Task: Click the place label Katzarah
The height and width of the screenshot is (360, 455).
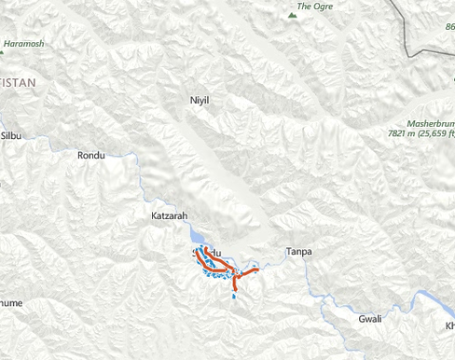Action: tap(169, 215)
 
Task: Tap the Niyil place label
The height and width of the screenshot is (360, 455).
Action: tap(200, 99)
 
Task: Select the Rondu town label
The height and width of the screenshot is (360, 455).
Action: tap(91, 155)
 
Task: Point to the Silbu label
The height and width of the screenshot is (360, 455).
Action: tap(11, 135)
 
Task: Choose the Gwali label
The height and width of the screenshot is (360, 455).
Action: tap(370, 319)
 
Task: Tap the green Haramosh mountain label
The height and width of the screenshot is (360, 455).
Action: tap(23, 44)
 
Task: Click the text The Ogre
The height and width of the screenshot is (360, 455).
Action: tap(314, 5)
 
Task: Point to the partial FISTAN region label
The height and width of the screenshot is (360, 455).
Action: tap(18, 82)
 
